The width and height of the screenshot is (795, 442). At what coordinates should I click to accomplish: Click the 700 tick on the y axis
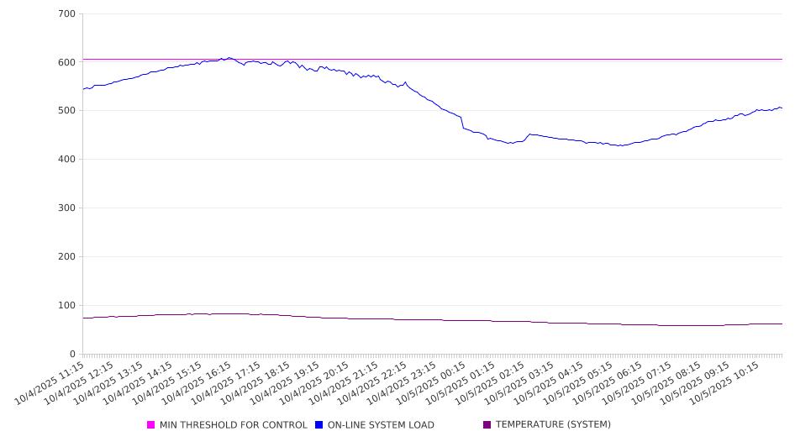[x=67, y=14]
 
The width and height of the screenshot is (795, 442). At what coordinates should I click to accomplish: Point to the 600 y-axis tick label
[x=67, y=62]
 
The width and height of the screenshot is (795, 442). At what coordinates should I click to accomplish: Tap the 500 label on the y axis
[x=67, y=111]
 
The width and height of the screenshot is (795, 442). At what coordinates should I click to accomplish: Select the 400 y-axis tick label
[x=67, y=160]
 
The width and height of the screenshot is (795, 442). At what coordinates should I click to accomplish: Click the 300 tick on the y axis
[x=67, y=208]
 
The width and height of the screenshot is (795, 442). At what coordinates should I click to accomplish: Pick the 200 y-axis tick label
[x=67, y=257]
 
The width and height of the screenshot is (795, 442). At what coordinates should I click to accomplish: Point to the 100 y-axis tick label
[x=67, y=306]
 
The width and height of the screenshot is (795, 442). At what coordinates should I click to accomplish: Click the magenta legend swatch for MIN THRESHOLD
[x=151, y=425]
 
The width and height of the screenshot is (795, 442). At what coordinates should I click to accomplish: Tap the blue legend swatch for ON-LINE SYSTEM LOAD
[x=319, y=425]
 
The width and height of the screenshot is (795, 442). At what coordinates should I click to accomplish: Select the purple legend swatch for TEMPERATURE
[x=487, y=425]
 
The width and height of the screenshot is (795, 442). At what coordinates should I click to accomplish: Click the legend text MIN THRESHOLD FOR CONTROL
[x=233, y=425]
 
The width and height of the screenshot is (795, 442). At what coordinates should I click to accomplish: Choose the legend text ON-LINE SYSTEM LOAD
[x=381, y=425]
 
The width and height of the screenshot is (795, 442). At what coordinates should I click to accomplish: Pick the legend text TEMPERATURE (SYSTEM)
[x=553, y=425]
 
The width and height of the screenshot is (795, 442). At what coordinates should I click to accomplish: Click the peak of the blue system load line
[x=229, y=58]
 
